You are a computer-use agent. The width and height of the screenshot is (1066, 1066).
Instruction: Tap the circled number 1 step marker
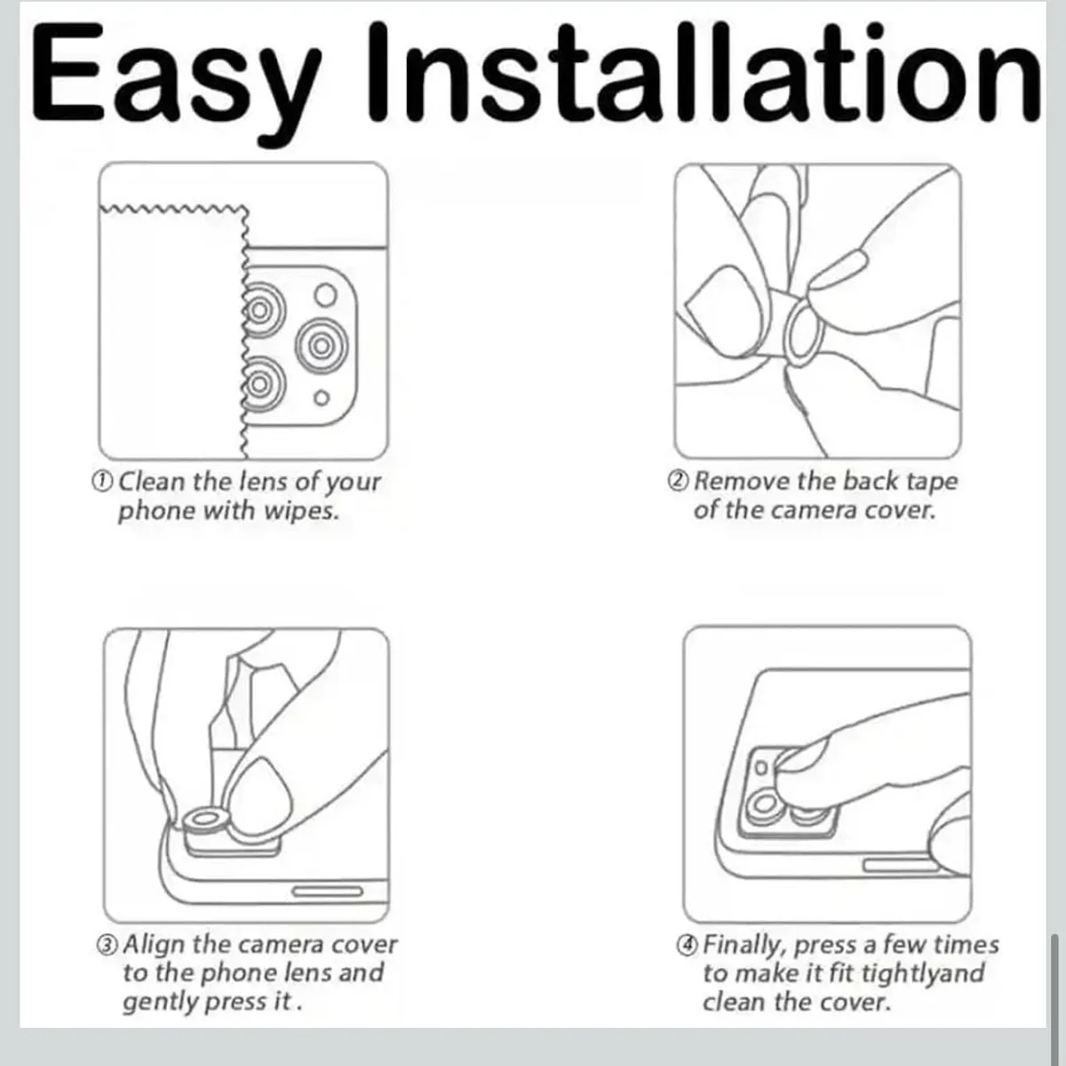pyautogui.click(x=102, y=481)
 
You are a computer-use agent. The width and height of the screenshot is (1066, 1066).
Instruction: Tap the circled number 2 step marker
pyautogui.click(x=678, y=481)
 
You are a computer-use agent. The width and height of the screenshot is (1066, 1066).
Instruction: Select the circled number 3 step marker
pyautogui.click(x=107, y=945)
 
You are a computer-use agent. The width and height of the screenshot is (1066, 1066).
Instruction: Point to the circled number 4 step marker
pyautogui.click(x=687, y=945)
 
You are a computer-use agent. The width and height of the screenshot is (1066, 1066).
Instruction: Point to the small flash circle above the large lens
pyautogui.click(x=326, y=295)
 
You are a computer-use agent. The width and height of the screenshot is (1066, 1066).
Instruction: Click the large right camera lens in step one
pyautogui.click(x=322, y=346)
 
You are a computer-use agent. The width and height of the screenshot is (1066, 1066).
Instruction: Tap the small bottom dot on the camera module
pyautogui.click(x=322, y=398)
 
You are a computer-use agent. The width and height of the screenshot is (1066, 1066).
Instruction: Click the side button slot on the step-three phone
pyautogui.click(x=328, y=891)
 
